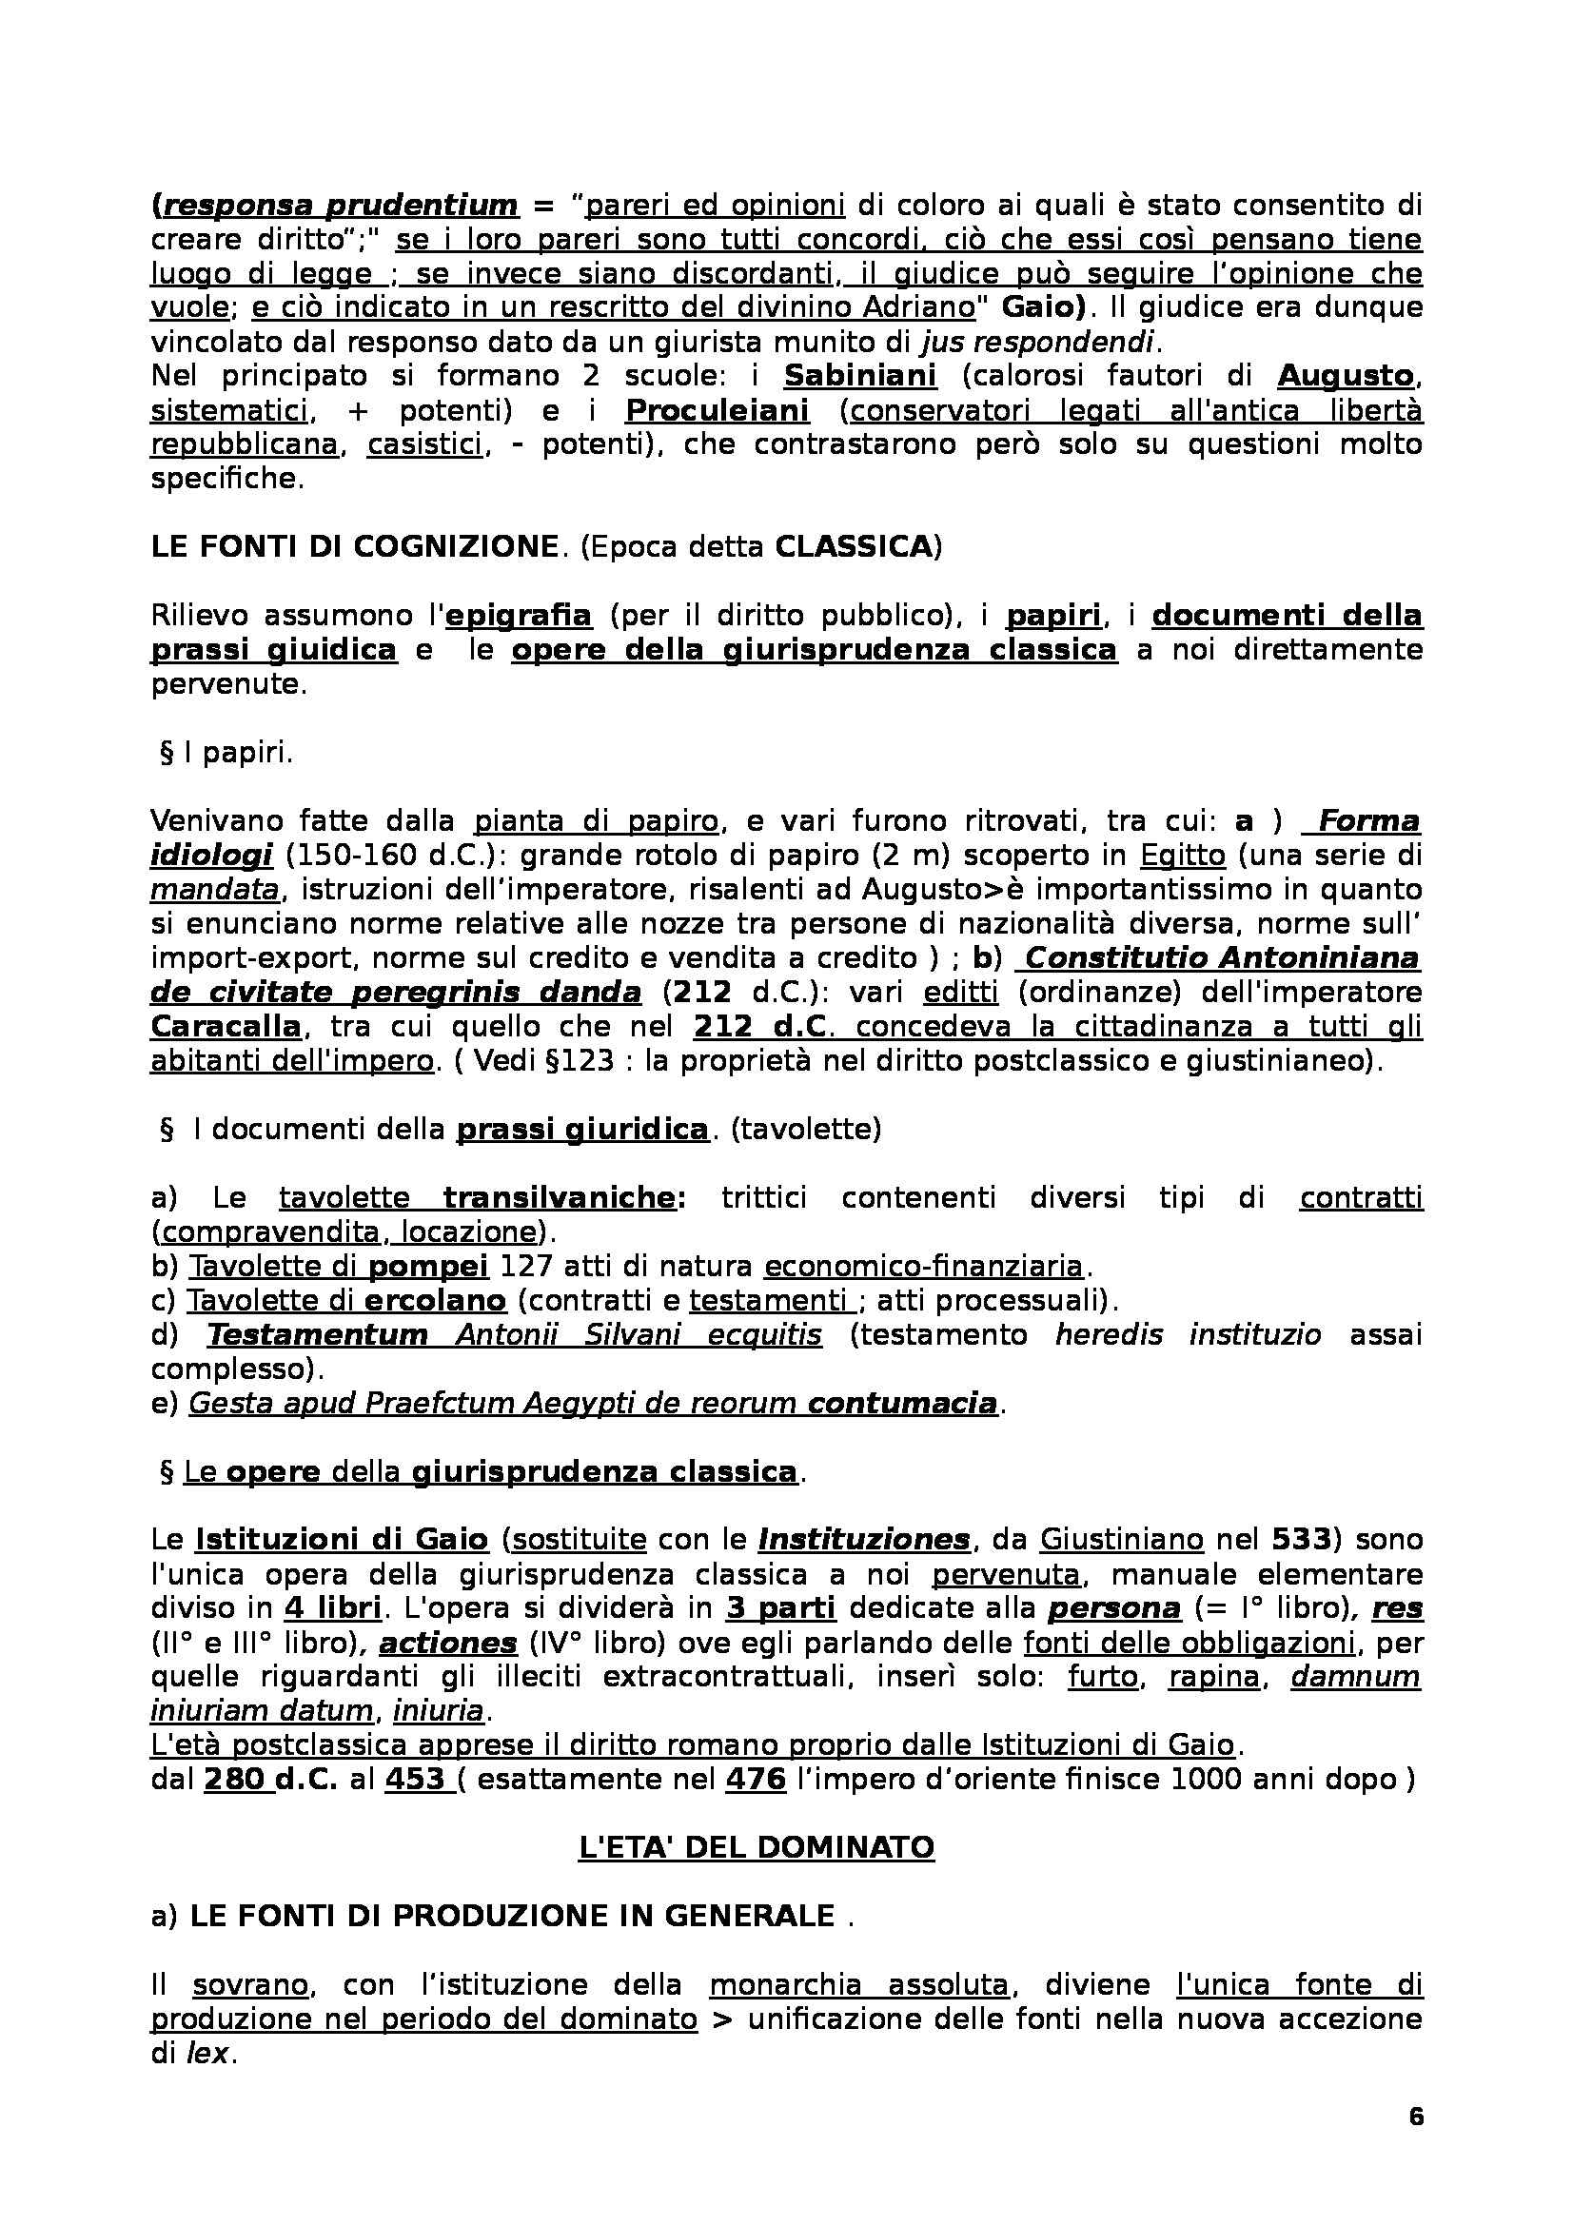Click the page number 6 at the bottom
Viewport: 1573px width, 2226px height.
pyautogui.click(x=1416, y=2117)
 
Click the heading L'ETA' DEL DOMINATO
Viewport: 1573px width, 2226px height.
pyautogui.click(x=756, y=1847)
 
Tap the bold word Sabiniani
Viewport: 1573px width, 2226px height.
pyautogui.click(x=859, y=375)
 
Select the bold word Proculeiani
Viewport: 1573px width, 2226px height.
pyautogui.click(x=718, y=410)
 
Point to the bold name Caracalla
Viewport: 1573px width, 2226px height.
pyautogui.click(x=226, y=1027)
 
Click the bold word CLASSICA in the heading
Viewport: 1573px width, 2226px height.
pyautogui.click(x=852, y=547)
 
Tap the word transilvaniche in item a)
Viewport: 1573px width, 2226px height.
pyautogui.click(x=564, y=1197)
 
